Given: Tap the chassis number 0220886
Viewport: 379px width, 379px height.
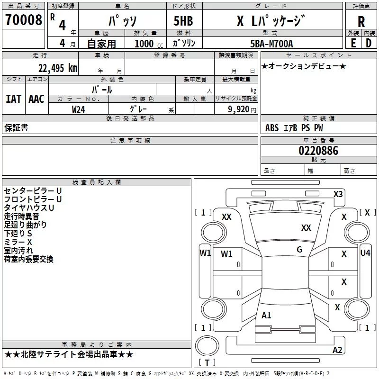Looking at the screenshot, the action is tap(318, 151).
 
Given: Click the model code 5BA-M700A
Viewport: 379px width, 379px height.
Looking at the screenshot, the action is tap(271, 44).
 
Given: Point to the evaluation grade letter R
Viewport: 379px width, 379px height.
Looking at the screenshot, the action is tap(361, 22).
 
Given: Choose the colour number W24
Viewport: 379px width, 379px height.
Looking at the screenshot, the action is tap(79, 109).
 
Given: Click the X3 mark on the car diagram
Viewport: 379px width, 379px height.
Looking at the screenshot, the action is tap(338, 194).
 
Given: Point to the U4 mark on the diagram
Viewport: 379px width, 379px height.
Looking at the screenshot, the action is tap(365, 253).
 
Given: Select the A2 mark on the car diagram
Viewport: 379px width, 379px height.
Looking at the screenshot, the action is tap(337, 350).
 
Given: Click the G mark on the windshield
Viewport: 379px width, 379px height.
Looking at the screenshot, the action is tap(299, 250).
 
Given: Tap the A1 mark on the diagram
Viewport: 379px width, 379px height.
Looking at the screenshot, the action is tap(267, 315).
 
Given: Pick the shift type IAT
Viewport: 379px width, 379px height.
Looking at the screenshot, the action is tap(13, 99).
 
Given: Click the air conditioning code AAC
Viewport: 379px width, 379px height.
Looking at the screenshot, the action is tap(36, 99).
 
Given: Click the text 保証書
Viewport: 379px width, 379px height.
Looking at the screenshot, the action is tap(16, 128).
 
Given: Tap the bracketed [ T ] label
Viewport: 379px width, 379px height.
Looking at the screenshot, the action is tap(207, 362).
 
